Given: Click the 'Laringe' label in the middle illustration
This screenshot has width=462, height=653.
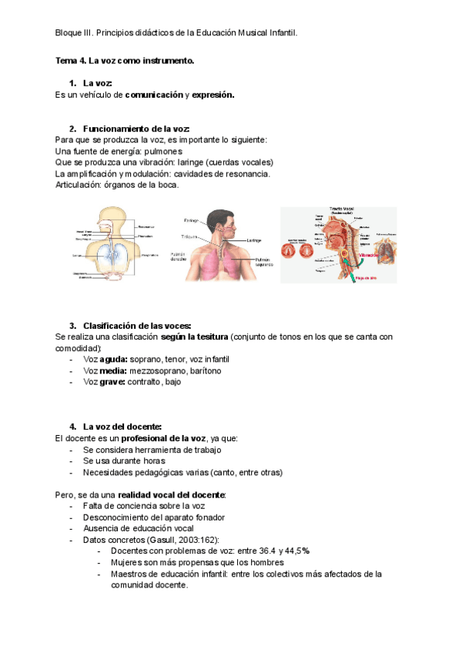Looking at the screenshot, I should [254, 240].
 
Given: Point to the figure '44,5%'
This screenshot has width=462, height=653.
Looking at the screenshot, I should [296, 551].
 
